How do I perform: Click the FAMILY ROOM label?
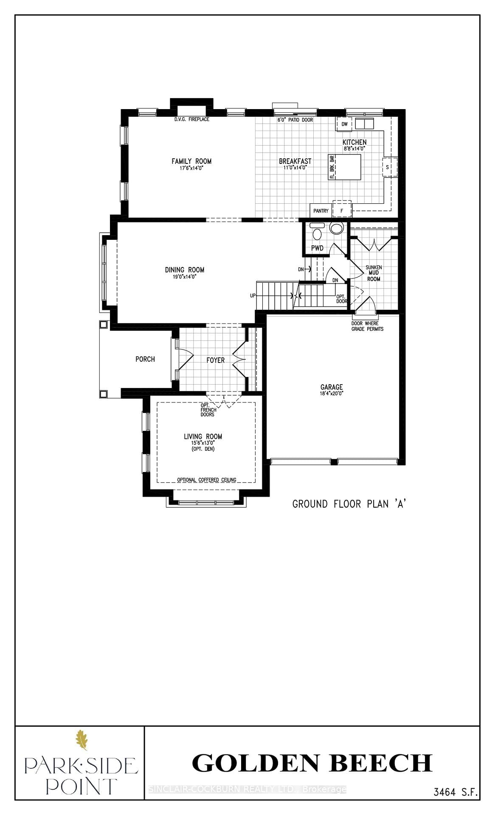[191, 161]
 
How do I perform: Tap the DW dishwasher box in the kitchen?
[344, 124]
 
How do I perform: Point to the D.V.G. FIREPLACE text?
[191, 119]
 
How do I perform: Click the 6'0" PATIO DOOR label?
[295, 120]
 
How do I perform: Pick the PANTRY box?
[321, 211]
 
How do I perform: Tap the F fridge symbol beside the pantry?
[342, 210]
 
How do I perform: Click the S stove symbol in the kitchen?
[388, 167]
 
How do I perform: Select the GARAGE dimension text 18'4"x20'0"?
[332, 393]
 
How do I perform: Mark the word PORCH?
[145, 359]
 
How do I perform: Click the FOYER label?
[215, 360]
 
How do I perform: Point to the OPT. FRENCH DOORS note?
[208, 410]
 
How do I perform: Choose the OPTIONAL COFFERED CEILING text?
[206, 480]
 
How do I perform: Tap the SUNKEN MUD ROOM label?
[374, 273]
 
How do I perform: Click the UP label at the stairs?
[253, 295]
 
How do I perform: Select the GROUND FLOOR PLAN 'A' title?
[349, 504]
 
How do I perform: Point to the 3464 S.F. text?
[456, 792]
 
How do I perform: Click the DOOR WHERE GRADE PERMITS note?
[367, 326]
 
